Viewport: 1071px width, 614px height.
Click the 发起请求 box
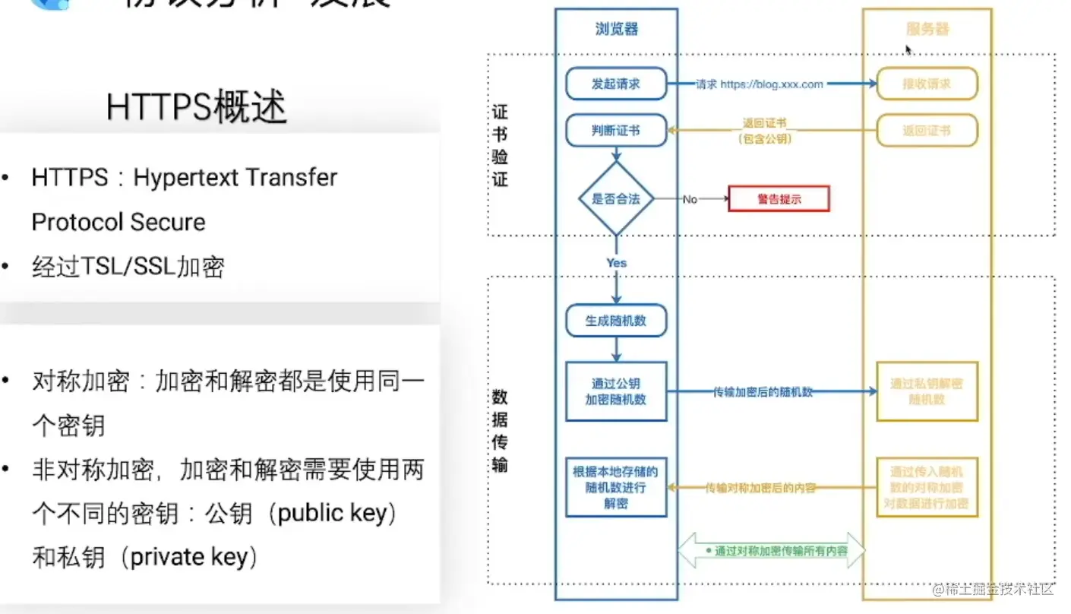616,84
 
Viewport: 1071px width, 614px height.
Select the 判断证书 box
616,130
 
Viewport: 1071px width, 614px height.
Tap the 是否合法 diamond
616,199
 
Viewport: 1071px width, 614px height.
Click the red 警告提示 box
779,199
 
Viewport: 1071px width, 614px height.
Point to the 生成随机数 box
616,321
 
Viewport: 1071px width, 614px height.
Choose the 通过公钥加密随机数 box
616,391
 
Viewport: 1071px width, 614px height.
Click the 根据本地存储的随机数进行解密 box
616,487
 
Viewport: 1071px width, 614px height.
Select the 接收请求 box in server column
927,84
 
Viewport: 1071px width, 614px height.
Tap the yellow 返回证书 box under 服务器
927,130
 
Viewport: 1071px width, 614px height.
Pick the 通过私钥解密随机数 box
927,391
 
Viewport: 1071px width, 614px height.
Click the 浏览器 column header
616,30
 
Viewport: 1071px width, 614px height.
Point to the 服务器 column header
927,30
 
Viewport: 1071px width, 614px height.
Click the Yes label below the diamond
616,263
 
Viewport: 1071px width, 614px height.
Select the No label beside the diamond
690,199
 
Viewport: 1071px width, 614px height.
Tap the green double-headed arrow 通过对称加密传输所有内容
770,551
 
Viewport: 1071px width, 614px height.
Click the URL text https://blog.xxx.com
772,84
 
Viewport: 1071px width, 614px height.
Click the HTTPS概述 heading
197,107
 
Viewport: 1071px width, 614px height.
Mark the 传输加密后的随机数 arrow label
763,392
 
